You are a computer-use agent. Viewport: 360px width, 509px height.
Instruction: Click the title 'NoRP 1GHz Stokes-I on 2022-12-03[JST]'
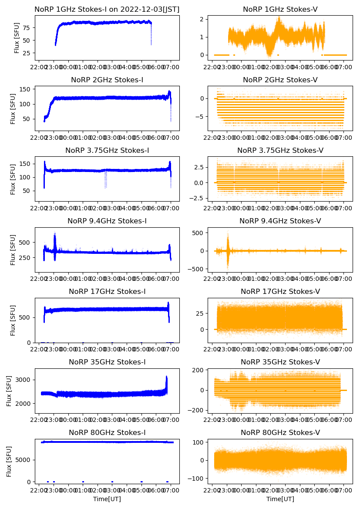click(x=107, y=9)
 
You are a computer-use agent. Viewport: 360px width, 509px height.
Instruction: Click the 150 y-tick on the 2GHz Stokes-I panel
click(x=25, y=89)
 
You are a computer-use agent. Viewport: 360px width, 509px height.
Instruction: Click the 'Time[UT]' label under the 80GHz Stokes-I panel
click(x=107, y=499)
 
